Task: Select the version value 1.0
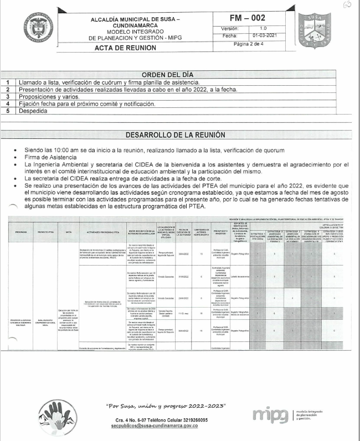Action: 263,27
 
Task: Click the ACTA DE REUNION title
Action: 125,47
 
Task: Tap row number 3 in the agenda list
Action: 8,96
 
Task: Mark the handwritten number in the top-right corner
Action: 347,6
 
